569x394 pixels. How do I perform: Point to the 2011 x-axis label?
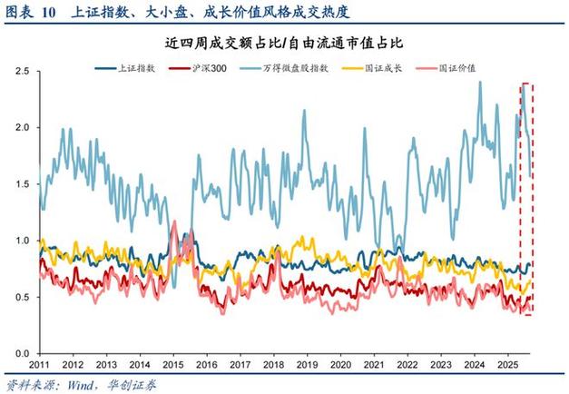[x=40, y=364]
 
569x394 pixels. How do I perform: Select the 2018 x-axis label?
[x=273, y=364]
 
